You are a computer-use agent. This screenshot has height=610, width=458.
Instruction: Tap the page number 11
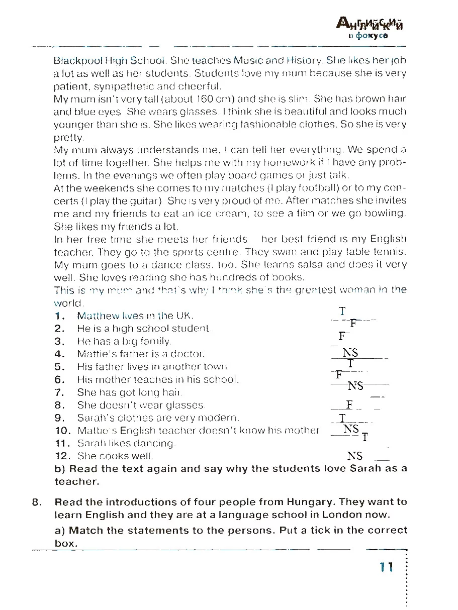click(386, 567)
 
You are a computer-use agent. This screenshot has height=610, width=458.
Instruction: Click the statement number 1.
click(60, 316)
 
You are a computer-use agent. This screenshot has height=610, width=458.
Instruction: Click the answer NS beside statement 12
click(354, 456)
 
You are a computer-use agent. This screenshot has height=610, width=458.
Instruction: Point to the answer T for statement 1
click(342, 312)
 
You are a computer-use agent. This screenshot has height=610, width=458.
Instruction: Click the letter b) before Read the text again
click(60, 469)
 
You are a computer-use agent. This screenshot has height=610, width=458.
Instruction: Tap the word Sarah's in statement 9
click(92, 418)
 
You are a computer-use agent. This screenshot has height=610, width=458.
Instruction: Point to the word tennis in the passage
click(391, 251)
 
